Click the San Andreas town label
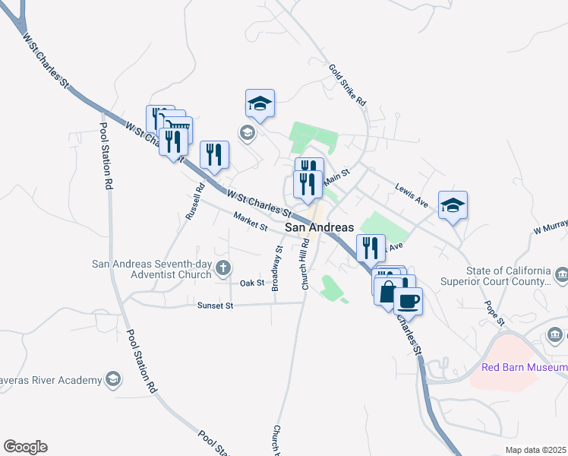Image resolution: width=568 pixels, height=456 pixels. click(319, 227)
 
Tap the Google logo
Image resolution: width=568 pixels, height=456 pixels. click(25, 447)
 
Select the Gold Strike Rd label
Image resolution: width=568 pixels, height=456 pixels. click(348, 84)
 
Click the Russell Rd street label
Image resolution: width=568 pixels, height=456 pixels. click(195, 202)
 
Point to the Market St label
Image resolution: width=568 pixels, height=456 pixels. click(251, 223)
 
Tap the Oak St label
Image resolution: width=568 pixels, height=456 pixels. click(251, 283)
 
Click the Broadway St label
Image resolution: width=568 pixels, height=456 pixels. click(276, 268)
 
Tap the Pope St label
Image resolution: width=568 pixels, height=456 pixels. click(495, 312)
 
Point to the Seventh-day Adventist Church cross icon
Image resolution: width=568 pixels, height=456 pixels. click(222, 267)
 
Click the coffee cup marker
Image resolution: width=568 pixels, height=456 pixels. click(408, 300)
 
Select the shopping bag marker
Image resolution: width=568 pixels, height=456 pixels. click(388, 292)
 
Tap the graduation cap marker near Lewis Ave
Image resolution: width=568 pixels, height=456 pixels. click(453, 205)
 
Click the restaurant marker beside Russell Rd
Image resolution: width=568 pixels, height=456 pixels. click(214, 154)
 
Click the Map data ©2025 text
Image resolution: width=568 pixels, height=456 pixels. click(535, 450)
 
